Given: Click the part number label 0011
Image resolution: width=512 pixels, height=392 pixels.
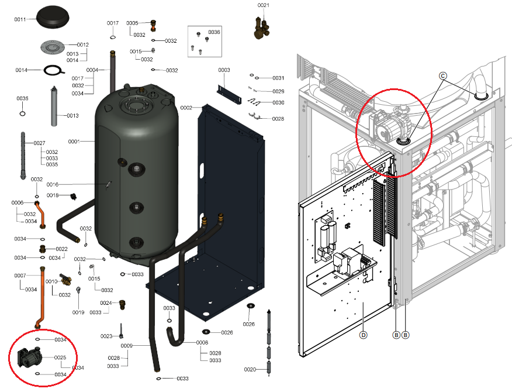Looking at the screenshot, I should pos(20,19).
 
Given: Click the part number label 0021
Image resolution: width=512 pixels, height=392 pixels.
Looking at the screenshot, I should pos(264,5).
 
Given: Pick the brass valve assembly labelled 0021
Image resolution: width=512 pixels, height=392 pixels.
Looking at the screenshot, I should pos(262,26).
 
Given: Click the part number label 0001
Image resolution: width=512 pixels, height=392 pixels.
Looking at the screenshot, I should pos(75,141).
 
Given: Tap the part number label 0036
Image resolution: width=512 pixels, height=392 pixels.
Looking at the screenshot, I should pos(214,32).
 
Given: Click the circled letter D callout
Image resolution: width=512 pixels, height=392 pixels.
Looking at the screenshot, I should pos(363,335).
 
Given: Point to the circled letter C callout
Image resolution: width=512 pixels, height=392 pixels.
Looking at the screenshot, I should pos(442,75).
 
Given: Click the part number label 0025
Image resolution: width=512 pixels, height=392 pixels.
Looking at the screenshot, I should pos(60,357).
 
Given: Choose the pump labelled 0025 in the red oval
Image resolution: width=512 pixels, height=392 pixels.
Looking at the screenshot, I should pos(28,356).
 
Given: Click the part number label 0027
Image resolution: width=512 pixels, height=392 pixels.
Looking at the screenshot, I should pos(40,143).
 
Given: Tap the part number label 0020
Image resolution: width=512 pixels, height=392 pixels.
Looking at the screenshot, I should pos(250,369).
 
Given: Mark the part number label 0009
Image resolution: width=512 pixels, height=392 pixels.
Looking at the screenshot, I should pos(127,346).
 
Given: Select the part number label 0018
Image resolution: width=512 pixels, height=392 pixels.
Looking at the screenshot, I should pos(53,195).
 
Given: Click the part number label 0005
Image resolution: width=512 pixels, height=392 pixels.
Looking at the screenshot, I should pos(132,23).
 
